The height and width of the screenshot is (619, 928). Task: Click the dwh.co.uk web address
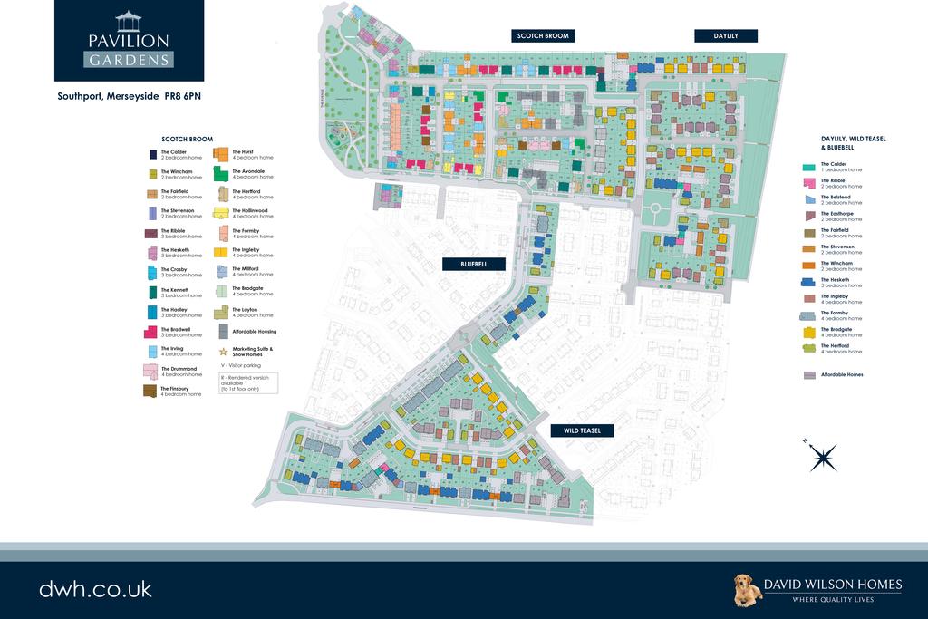tap(95, 588)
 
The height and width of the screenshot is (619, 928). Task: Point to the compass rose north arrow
tap(823, 457)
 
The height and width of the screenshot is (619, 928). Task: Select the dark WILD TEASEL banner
tap(582, 430)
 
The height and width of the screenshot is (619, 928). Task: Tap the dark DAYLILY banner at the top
tap(726, 35)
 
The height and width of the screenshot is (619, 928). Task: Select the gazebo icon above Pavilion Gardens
tap(129, 22)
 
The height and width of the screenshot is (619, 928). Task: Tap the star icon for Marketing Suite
tap(222, 350)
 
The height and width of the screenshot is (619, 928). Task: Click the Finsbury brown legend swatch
tap(150, 391)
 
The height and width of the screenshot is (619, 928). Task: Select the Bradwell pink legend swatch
tap(150, 332)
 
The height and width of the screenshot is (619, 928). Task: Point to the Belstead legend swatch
tap(809, 199)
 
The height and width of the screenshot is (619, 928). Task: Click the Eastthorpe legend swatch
tap(809, 216)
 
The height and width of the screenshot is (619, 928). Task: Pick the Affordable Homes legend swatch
tap(809, 374)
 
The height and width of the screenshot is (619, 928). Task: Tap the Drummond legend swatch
tap(150, 371)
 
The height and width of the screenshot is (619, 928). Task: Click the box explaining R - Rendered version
tap(247, 382)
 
